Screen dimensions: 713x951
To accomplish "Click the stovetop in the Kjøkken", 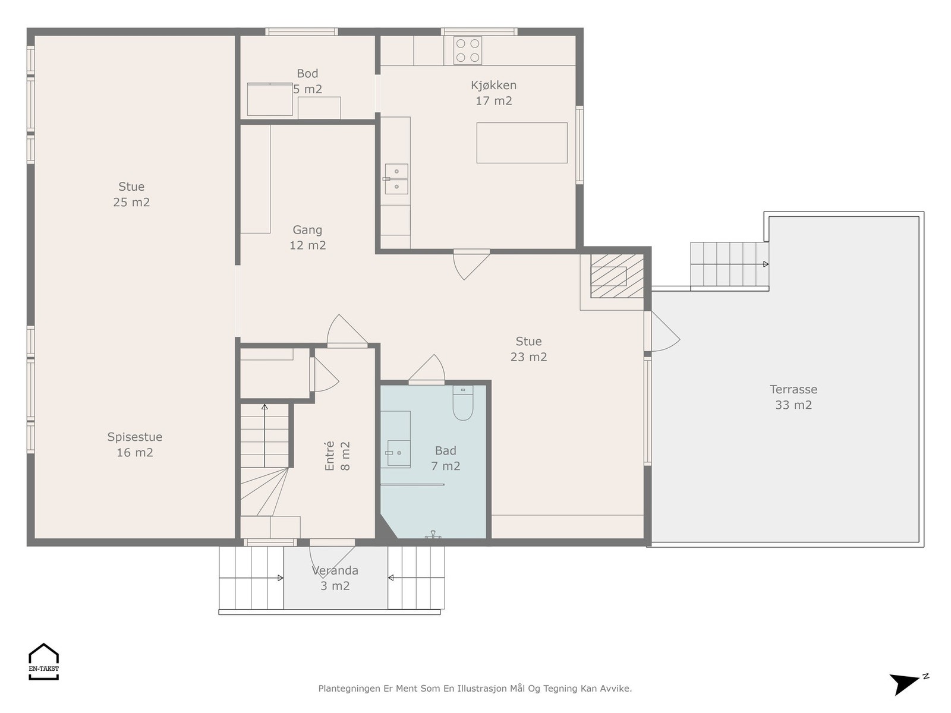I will coord(468,51).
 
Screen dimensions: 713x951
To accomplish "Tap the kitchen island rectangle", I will coord(522,143).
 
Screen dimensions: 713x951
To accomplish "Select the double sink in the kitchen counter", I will coord(396,179).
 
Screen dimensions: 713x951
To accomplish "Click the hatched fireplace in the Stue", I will coord(616,276).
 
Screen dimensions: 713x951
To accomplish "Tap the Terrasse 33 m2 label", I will coord(793,397).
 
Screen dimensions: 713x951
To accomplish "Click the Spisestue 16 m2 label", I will coord(134,444).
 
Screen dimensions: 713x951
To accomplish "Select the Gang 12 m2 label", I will coord(307,237).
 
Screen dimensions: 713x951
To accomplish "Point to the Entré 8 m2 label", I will coord(337,456).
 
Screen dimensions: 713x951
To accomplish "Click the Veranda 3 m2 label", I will coord(335,578).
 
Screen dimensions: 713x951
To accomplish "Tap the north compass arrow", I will coord(905,683).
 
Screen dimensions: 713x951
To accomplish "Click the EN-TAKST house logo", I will coord(44,661).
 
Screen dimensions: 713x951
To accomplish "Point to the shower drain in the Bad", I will coord(433,535).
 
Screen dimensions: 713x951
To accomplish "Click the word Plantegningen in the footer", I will coord(349,689).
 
